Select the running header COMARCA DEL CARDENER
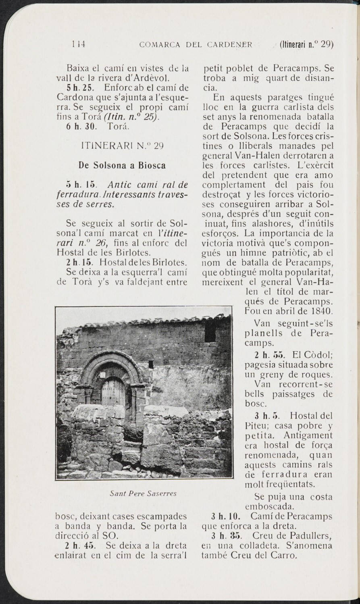click(196, 44)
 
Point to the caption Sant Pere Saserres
click(144, 494)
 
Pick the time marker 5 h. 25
click(81, 87)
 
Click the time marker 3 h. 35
click(226, 536)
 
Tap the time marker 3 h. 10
click(226, 516)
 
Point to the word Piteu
click(254, 425)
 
